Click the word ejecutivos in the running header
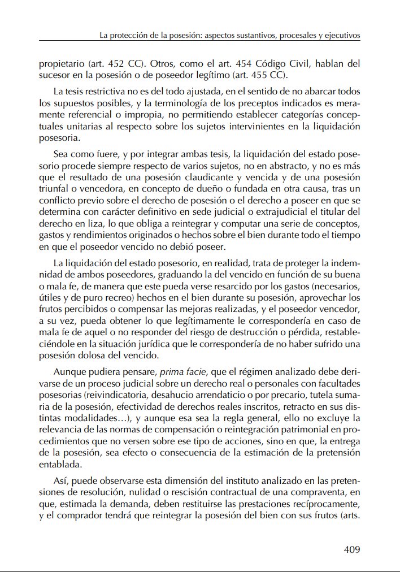click(341, 35)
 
